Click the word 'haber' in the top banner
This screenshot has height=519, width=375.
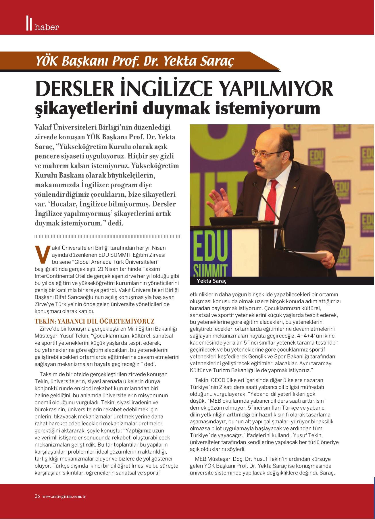pyautogui.click(x=47, y=27)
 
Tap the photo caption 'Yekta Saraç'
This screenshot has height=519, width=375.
pyautogui.click(x=211, y=281)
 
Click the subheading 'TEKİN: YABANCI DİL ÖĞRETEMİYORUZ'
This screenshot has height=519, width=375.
pyautogui.click(x=95, y=321)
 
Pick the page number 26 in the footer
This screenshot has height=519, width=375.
pyautogui.click(x=37, y=496)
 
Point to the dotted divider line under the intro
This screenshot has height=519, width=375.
pyautogui.click(x=107, y=236)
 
